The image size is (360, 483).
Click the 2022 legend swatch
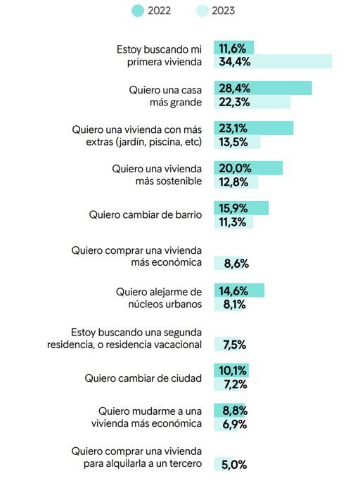[138, 11]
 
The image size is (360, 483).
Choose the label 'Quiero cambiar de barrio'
[146, 214]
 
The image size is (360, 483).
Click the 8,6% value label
[236, 264]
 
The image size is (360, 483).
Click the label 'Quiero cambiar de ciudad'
[143, 378]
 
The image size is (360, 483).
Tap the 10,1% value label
[233, 371]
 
